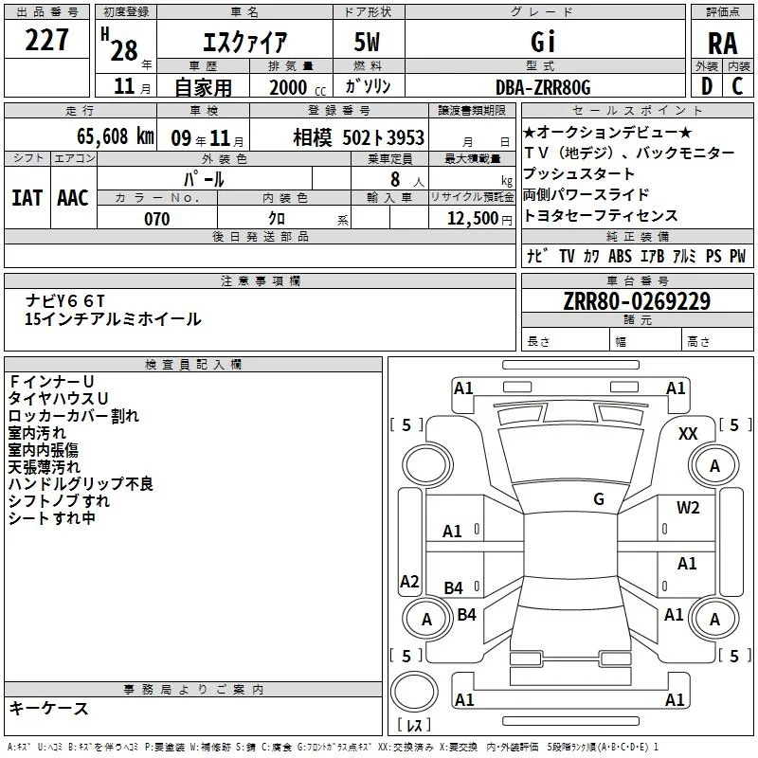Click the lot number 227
(x=46, y=40)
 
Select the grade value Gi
(x=543, y=42)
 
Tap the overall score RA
(x=722, y=44)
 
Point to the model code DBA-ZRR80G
(x=543, y=87)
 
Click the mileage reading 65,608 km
(x=116, y=136)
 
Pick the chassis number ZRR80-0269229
(x=637, y=301)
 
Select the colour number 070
(x=157, y=219)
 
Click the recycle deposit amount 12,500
(x=472, y=219)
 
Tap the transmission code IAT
(x=27, y=198)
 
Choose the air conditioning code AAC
(x=73, y=198)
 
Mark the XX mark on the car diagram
(x=688, y=434)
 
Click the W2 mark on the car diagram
(x=688, y=508)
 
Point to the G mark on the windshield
(x=599, y=498)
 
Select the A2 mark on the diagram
(x=409, y=581)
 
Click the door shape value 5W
(x=367, y=42)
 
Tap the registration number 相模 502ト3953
(x=359, y=137)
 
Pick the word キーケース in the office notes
(x=49, y=708)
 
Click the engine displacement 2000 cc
(x=298, y=88)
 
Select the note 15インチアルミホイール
(x=113, y=319)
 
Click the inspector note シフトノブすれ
(x=59, y=501)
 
